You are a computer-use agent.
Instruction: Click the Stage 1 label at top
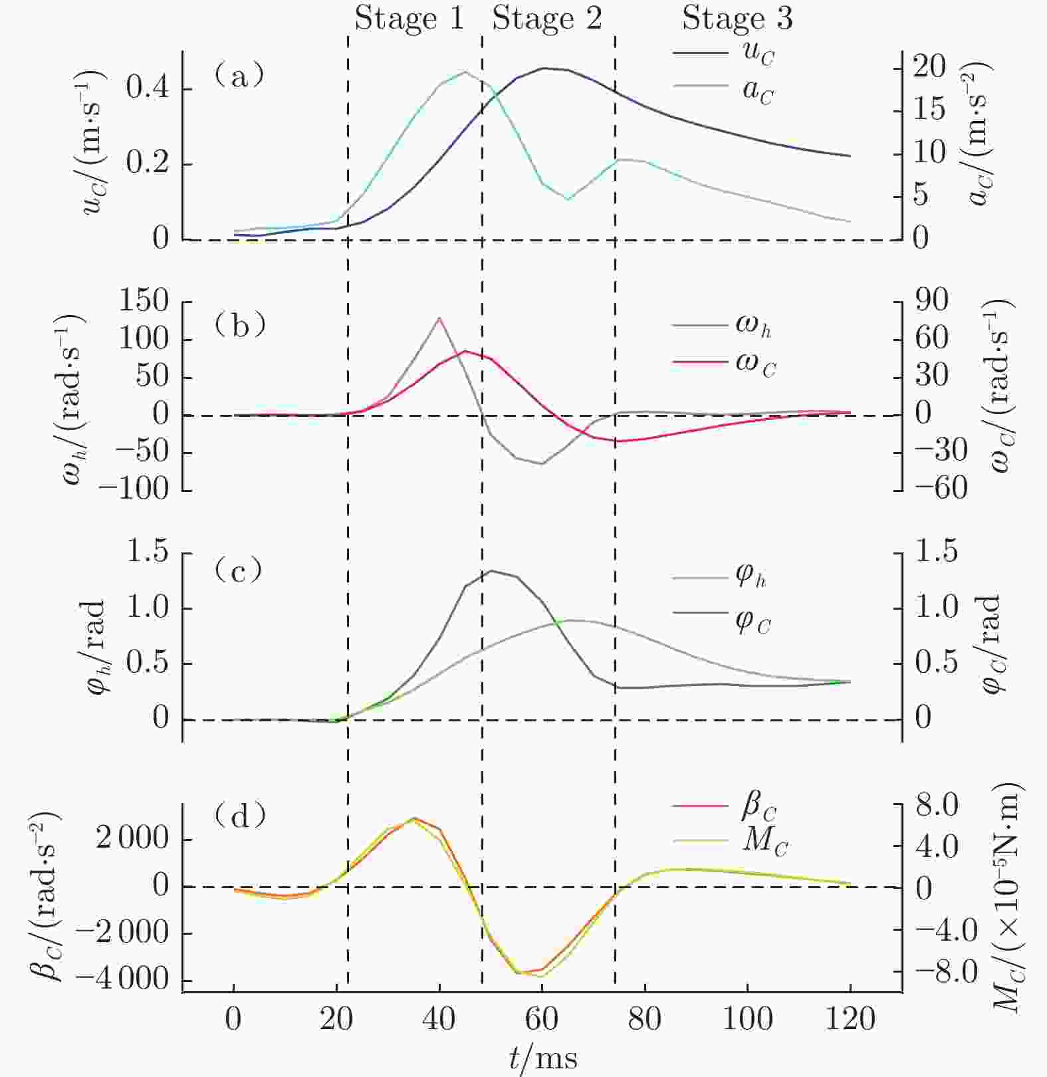pos(408,19)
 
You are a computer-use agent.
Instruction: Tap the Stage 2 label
pos(546,19)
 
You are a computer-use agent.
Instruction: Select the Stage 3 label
pos(737,19)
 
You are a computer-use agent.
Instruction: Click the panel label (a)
pos(239,76)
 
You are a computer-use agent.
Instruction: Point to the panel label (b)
pos(240,326)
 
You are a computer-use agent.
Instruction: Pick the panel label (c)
pos(239,570)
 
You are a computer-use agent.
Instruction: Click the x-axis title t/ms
pos(543,1057)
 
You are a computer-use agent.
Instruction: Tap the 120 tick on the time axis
pos(850,1018)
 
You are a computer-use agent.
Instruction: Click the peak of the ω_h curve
pos(439,318)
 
